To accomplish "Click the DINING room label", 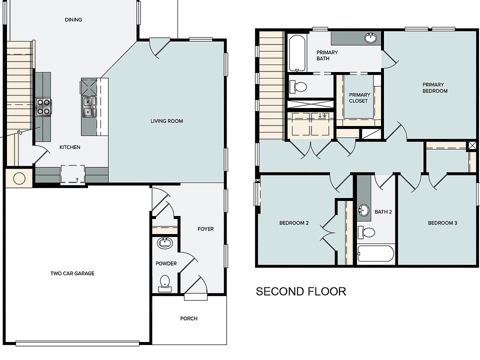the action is click(x=73, y=19).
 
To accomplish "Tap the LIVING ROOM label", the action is click(x=167, y=121).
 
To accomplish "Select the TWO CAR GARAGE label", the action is click(x=72, y=273).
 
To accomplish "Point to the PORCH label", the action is click(x=189, y=318).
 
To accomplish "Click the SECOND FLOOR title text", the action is click(x=301, y=291).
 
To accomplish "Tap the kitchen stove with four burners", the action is click(x=43, y=107).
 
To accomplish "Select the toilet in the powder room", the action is click(x=165, y=283).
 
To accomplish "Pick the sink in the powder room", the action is click(x=165, y=243).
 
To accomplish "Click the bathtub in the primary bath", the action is click(x=297, y=53).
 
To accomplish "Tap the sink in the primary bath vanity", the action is click(x=370, y=37).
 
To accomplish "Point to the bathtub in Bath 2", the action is click(x=375, y=253).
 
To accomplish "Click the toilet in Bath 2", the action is click(x=366, y=232).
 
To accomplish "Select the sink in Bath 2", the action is click(x=364, y=210).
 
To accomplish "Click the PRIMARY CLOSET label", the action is click(x=359, y=97).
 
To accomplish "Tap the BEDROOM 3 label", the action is click(x=442, y=223).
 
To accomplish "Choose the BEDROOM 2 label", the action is click(x=294, y=223).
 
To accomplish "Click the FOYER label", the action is click(x=205, y=228).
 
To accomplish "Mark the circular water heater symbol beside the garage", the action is click(x=19, y=178).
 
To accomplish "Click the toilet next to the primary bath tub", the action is click(x=298, y=86).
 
